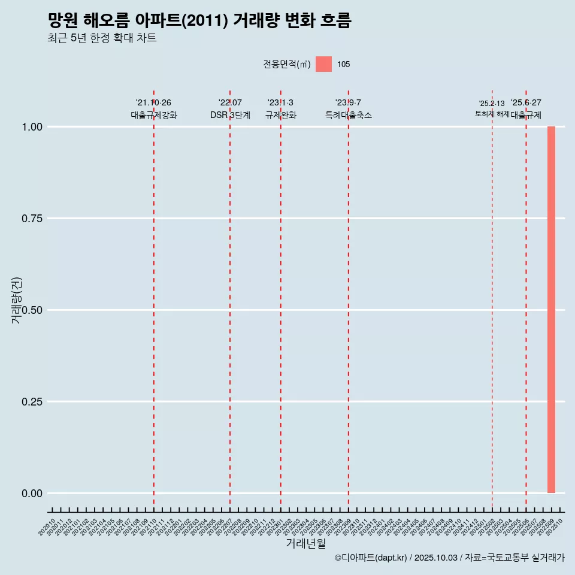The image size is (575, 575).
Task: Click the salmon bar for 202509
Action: click(x=551, y=310)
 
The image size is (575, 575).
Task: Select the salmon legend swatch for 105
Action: click(x=323, y=64)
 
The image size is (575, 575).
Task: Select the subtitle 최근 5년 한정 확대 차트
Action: click(x=102, y=38)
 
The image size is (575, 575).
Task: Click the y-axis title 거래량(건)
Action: click(x=17, y=299)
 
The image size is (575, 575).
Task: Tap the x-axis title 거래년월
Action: click(x=305, y=544)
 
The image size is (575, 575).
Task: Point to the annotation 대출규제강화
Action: click(x=154, y=115)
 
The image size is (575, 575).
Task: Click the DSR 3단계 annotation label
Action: click(x=230, y=115)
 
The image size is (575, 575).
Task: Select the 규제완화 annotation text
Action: click(x=281, y=115)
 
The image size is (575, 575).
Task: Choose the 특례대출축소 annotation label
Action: click(x=349, y=115)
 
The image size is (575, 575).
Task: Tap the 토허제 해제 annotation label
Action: click(x=492, y=113)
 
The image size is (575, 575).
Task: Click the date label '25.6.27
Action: click(x=526, y=103)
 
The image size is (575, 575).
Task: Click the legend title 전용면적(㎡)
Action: click(x=286, y=64)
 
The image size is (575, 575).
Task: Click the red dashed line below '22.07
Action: click(x=230, y=299)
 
